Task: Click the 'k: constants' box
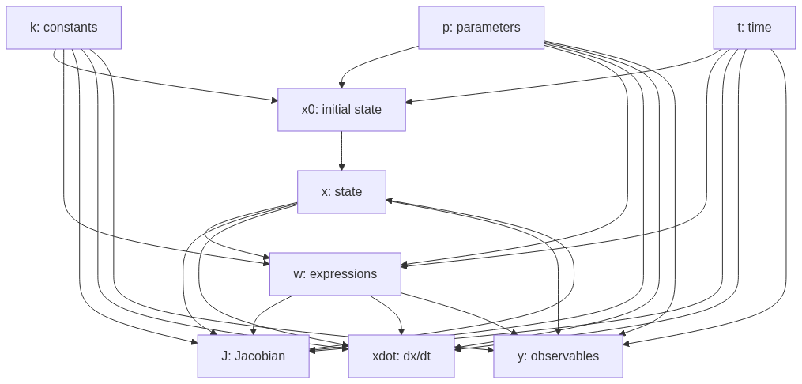[63, 28]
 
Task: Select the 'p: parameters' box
[481, 28]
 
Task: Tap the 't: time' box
[754, 28]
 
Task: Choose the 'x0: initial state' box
[341, 110]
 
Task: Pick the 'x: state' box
[341, 192]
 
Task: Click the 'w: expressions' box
[335, 274]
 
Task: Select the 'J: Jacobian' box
[253, 356]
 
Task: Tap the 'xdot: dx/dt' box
[401, 356]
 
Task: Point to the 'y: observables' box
[558, 356]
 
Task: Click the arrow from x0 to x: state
[341, 150]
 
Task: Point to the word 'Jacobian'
[260, 356]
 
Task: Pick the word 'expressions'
[343, 274]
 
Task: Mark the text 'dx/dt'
[416, 356]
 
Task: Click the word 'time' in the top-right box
[759, 28]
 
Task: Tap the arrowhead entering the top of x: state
[341, 167]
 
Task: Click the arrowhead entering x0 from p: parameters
[341, 85]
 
